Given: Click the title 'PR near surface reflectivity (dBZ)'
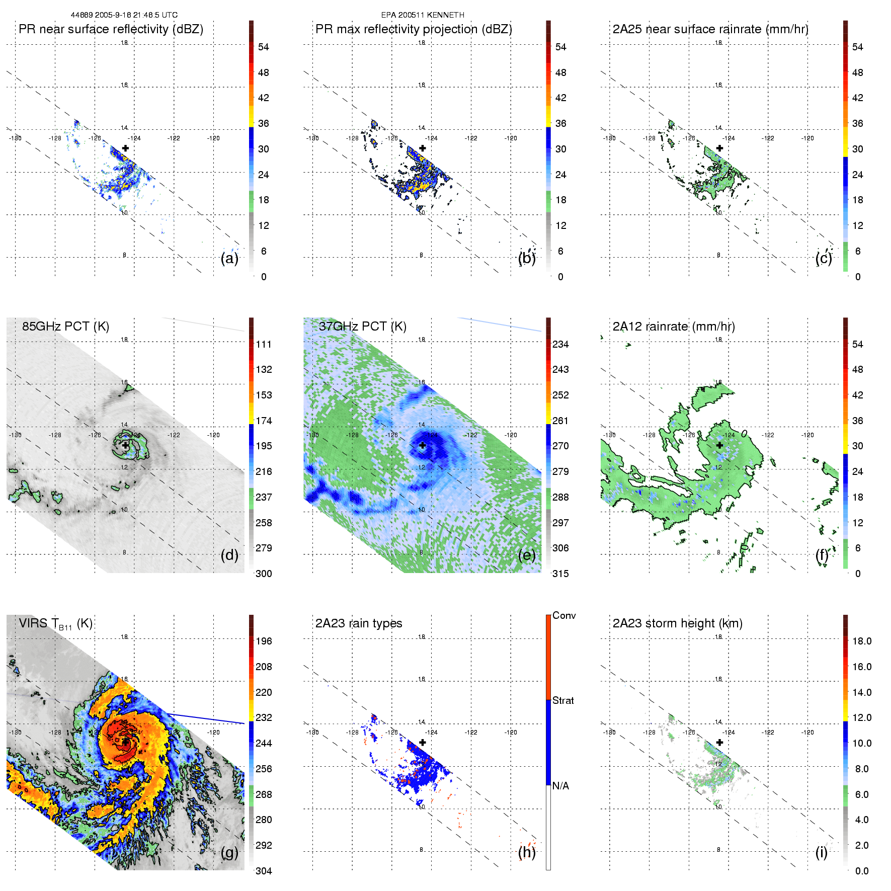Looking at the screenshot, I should (x=111, y=29).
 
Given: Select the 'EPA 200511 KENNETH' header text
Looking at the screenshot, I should (x=423, y=15).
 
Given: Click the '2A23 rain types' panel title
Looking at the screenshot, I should (x=359, y=623).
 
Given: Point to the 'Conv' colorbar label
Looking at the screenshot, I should (x=564, y=616).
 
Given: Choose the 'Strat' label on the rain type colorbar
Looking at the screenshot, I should (x=563, y=701).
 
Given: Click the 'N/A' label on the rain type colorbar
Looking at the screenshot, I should (x=560, y=786).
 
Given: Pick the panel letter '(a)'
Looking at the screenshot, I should (x=229, y=258).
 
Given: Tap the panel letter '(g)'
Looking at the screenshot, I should (x=229, y=852).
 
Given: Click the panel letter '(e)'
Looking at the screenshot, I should (x=527, y=555).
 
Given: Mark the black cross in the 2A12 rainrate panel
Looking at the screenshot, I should (x=720, y=445).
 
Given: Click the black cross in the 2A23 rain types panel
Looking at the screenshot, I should (x=423, y=742).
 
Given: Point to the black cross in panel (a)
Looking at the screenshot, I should (x=126, y=148).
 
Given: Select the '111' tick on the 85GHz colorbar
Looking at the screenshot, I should (x=264, y=345).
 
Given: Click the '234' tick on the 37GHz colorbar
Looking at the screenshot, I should (x=560, y=345).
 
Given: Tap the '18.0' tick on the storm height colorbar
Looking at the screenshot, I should (x=862, y=641).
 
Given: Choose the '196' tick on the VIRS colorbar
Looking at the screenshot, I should (x=264, y=641).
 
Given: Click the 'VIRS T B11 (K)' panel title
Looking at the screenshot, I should (x=55, y=624).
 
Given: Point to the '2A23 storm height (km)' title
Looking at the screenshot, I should (x=677, y=623).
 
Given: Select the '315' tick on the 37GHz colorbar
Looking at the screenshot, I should (x=560, y=574).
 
